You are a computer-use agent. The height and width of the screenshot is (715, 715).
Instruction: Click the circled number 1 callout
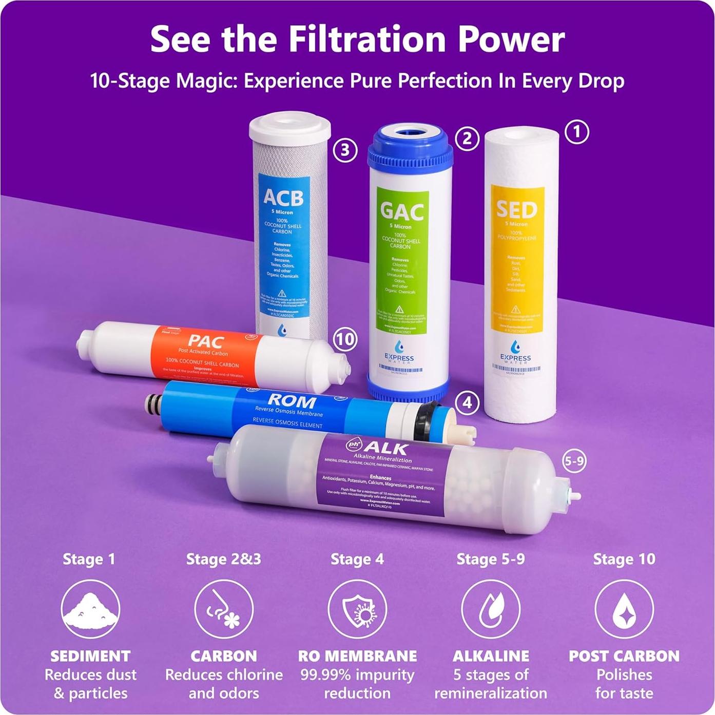click(x=576, y=132)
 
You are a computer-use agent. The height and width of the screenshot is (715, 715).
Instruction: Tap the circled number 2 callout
click(x=467, y=139)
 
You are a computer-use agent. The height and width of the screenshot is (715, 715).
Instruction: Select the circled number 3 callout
click(x=345, y=150)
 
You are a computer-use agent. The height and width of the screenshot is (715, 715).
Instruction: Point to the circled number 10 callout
click(x=345, y=339)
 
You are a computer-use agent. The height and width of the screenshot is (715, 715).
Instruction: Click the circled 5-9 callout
click(x=574, y=461)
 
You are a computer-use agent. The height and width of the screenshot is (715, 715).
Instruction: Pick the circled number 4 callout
click(x=467, y=403)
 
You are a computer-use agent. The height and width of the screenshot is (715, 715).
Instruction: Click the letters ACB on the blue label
click(x=283, y=197)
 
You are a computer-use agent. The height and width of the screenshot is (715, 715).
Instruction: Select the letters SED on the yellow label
click(x=516, y=208)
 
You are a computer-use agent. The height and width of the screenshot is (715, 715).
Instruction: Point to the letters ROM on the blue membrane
click(x=292, y=400)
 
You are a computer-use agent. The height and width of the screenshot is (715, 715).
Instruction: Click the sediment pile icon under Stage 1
click(x=90, y=609)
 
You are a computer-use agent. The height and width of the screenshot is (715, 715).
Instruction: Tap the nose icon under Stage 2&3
click(x=224, y=609)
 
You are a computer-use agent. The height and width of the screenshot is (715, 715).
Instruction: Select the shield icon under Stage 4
click(x=357, y=609)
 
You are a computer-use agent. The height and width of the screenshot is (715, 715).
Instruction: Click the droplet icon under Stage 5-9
click(x=491, y=609)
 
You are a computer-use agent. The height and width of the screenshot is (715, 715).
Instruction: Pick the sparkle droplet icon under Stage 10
click(x=624, y=609)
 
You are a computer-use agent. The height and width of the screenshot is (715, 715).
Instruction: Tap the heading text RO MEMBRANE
click(x=357, y=655)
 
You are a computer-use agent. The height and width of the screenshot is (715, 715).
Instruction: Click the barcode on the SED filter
click(x=516, y=369)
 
